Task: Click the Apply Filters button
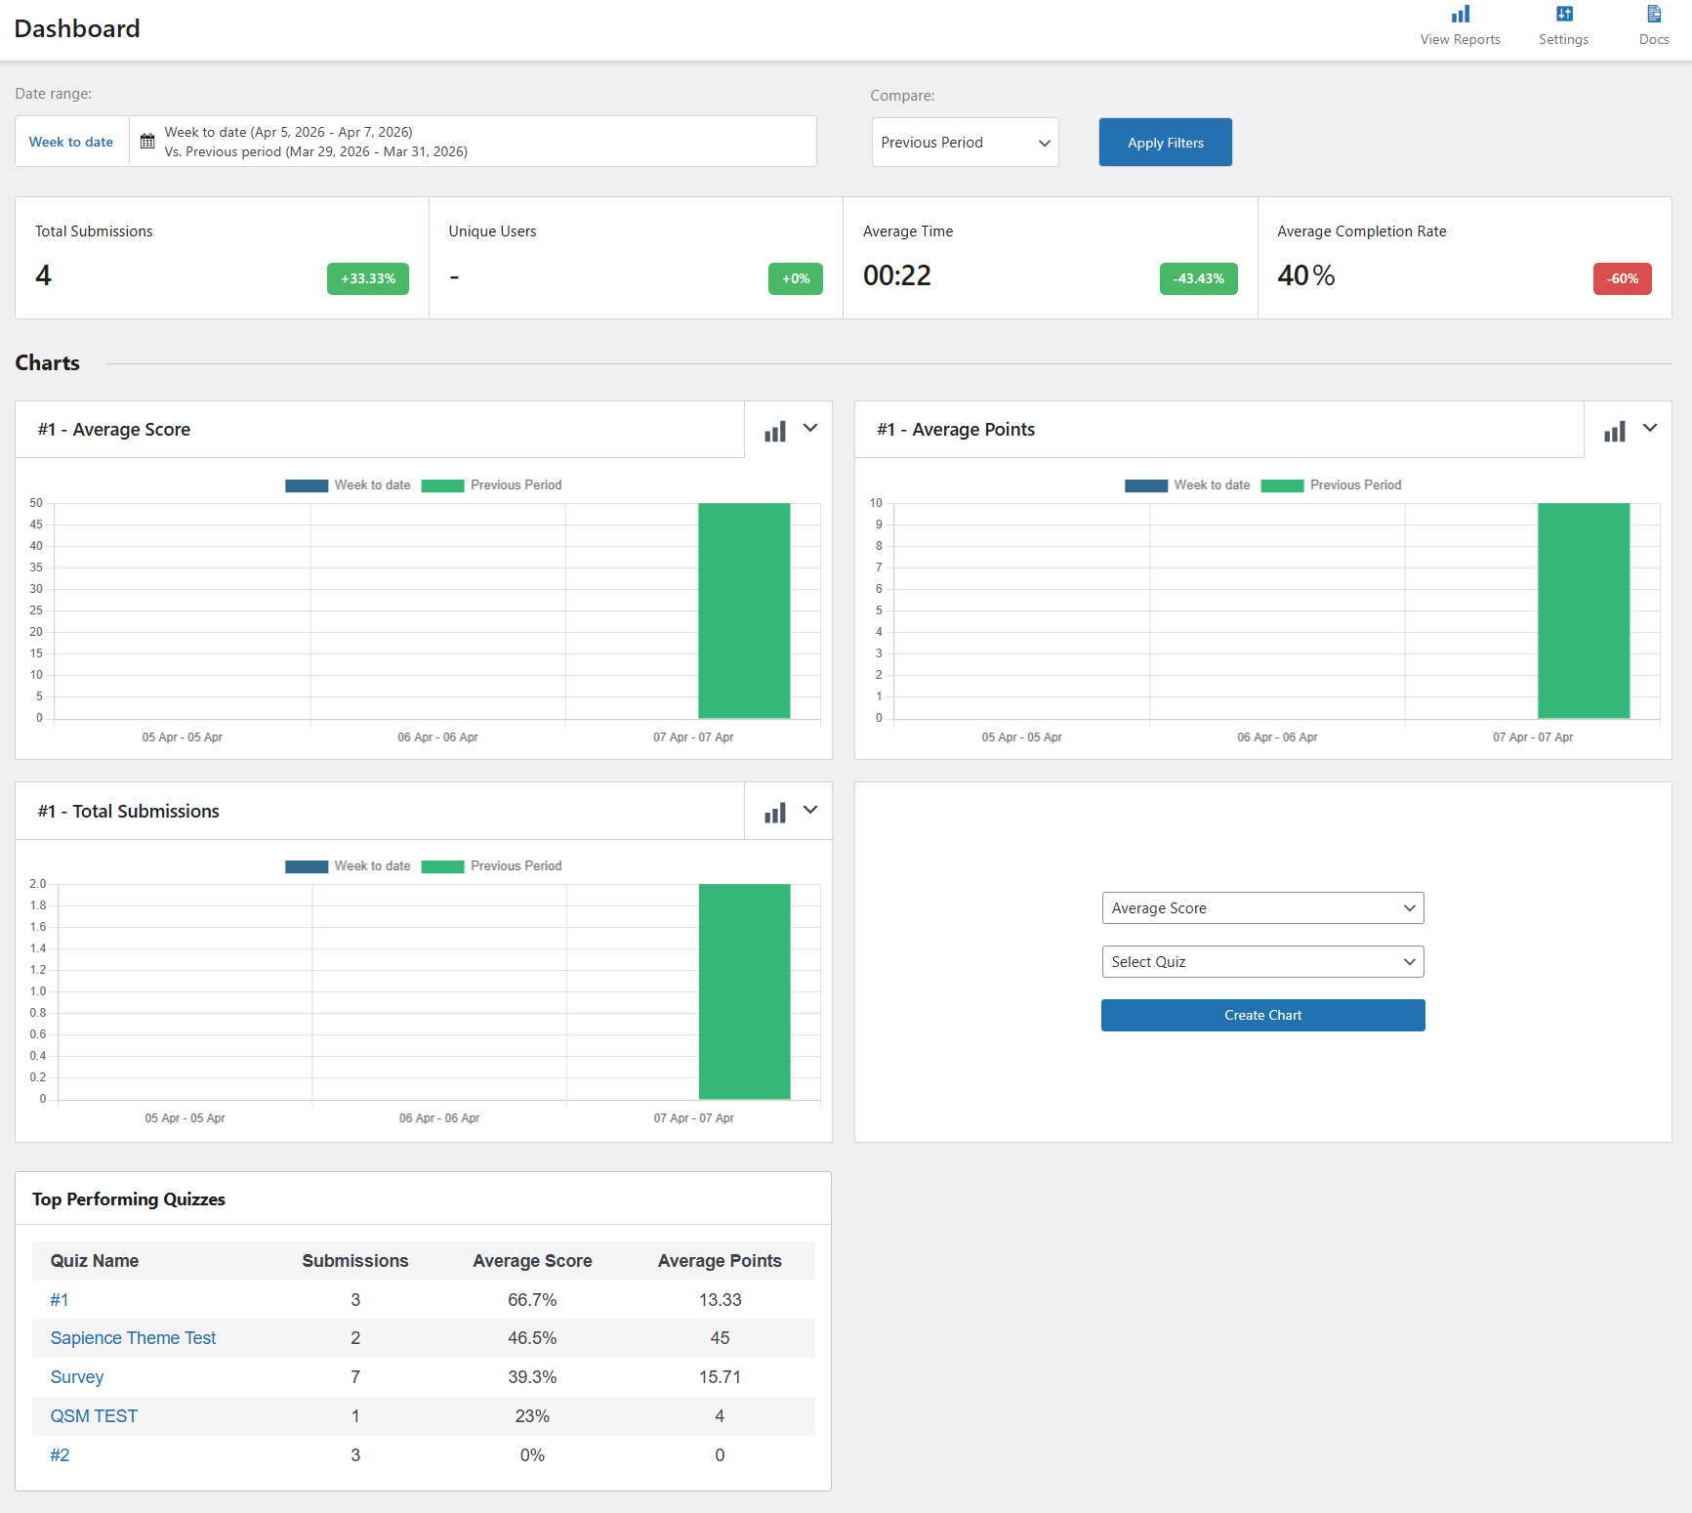[x=1165, y=143]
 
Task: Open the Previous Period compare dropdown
[x=965, y=143]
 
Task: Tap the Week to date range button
[x=71, y=142]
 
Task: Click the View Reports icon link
[x=1460, y=25]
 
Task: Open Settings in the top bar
[x=1563, y=25]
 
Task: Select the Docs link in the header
[x=1653, y=25]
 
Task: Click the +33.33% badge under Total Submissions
[x=368, y=278]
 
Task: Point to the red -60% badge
[x=1622, y=278]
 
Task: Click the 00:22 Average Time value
[x=896, y=276]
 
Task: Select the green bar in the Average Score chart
[x=744, y=610]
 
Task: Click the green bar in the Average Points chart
[x=1583, y=610]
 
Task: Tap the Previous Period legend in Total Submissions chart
[x=492, y=866]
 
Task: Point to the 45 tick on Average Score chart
[x=36, y=525]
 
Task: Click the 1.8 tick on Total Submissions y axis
[x=37, y=905]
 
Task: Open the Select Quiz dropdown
[x=1262, y=962]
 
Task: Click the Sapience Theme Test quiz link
[x=133, y=1338]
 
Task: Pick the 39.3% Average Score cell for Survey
[x=532, y=1377]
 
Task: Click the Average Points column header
[x=720, y=1261]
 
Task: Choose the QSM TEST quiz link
[x=94, y=1416]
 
